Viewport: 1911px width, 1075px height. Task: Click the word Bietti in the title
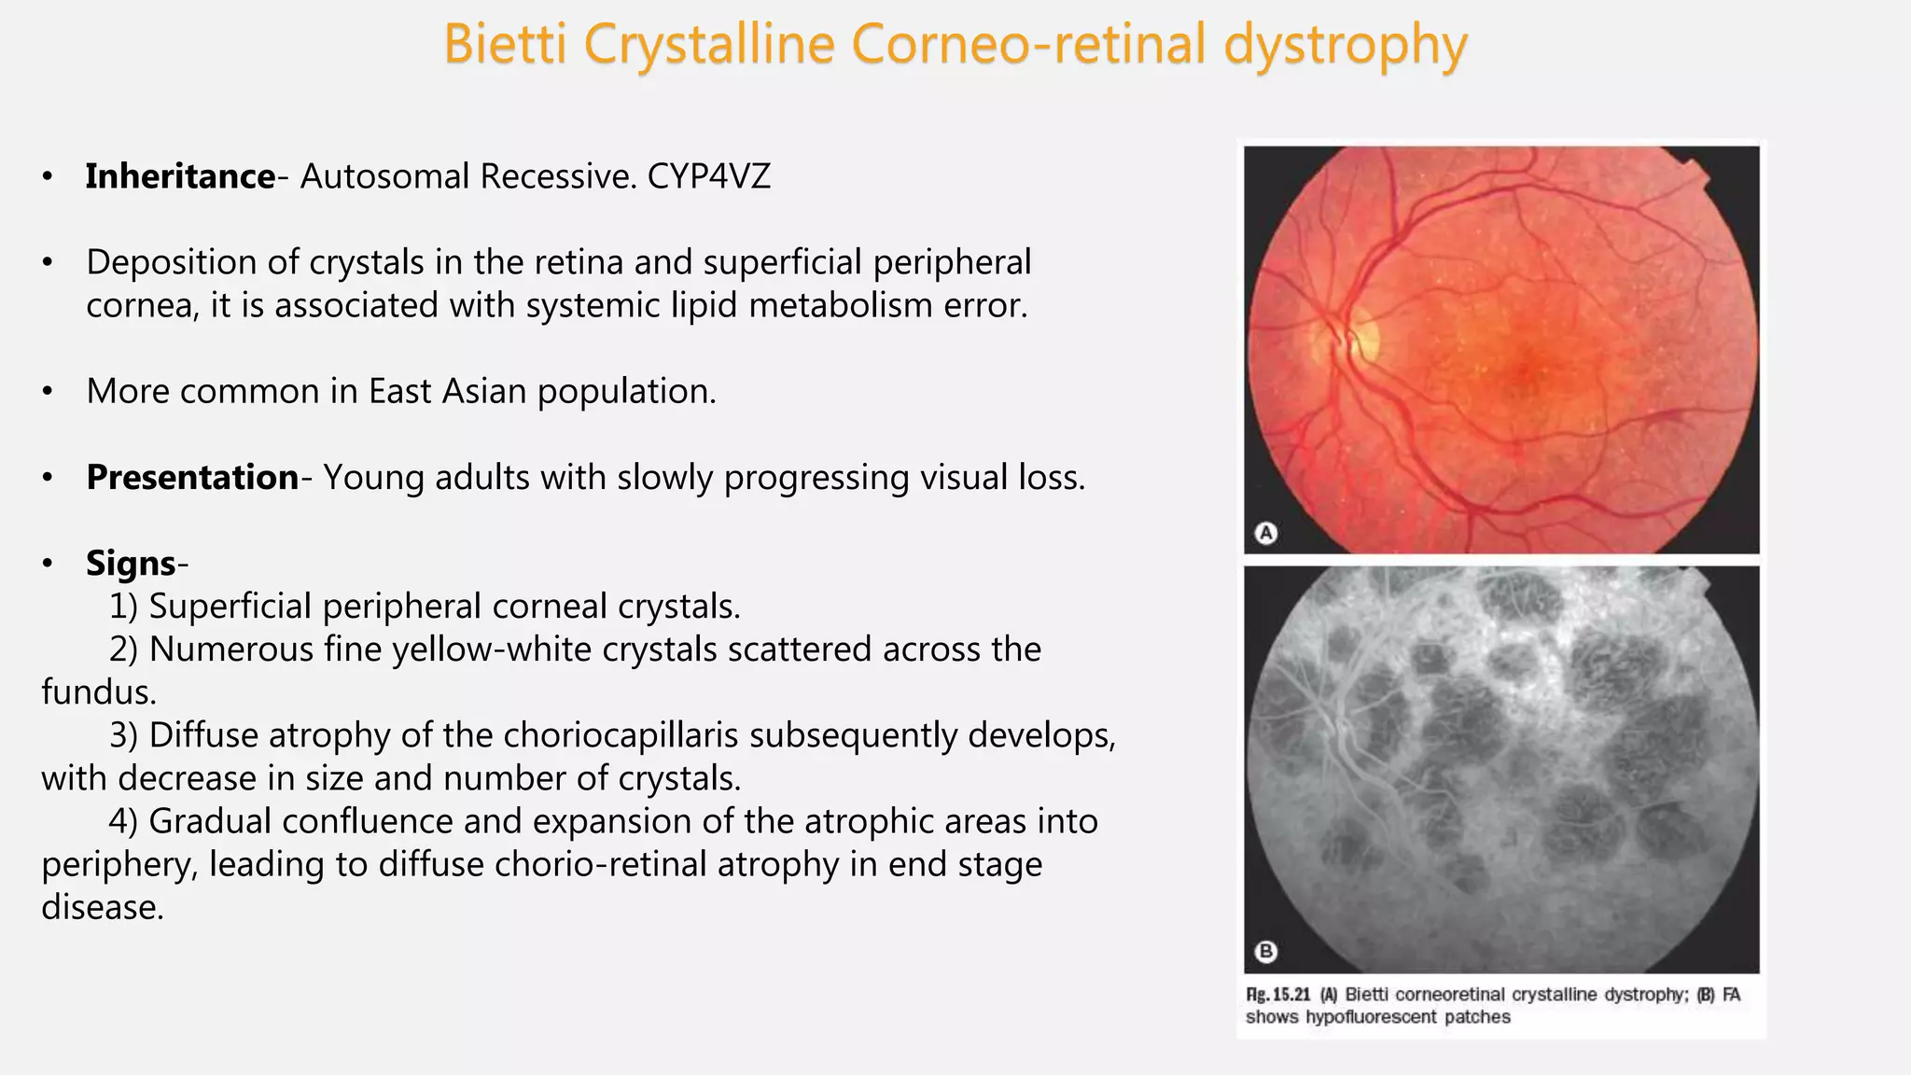coord(505,44)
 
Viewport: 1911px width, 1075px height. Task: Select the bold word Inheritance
coord(180,176)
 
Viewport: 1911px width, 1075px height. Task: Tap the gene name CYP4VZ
coord(709,176)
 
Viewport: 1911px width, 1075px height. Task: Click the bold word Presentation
coord(192,478)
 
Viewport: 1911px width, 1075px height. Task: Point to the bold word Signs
coord(131,564)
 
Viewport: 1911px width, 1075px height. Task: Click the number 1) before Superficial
coord(124,607)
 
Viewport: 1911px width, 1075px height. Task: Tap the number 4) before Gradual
coord(124,821)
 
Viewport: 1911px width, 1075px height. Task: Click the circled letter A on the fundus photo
coord(1266,533)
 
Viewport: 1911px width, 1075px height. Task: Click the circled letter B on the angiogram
coord(1266,951)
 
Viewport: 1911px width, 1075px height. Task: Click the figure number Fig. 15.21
coord(1278,995)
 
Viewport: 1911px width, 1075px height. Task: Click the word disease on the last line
coord(103,907)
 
